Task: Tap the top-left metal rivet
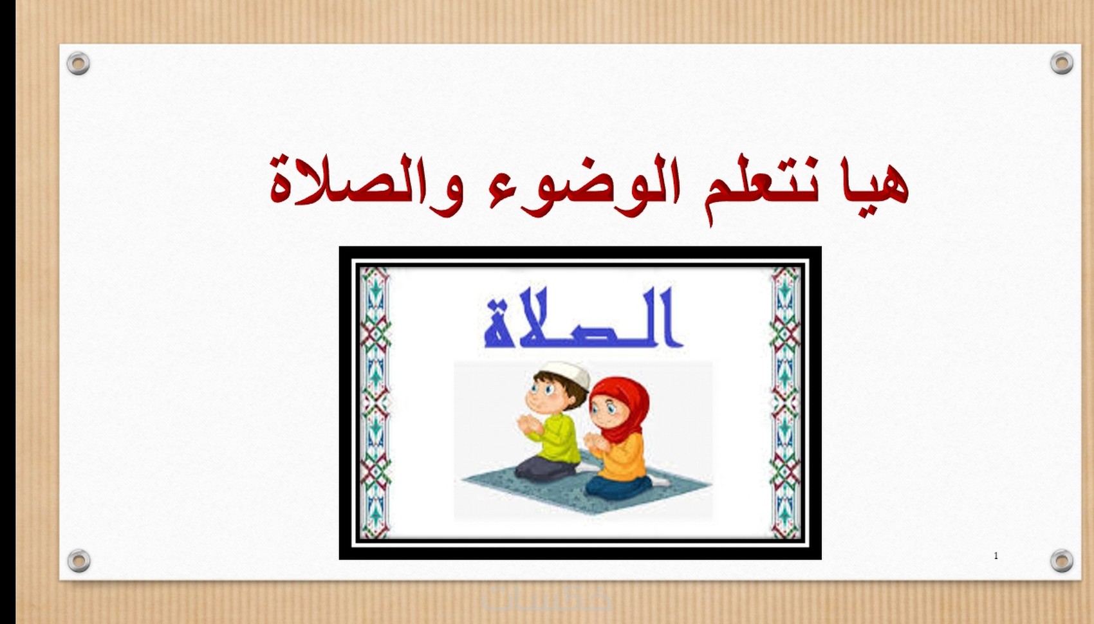(x=78, y=63)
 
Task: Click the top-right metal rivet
(x=1062, y=62)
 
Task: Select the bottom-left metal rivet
(x=79, y=560)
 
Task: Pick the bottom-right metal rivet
(x=1062, y=560)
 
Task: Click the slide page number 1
(x=996, y=556)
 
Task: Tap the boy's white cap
(x=566, y=374)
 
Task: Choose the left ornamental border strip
(x=375, y=402)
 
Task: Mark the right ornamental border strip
(x=785, y=402)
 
